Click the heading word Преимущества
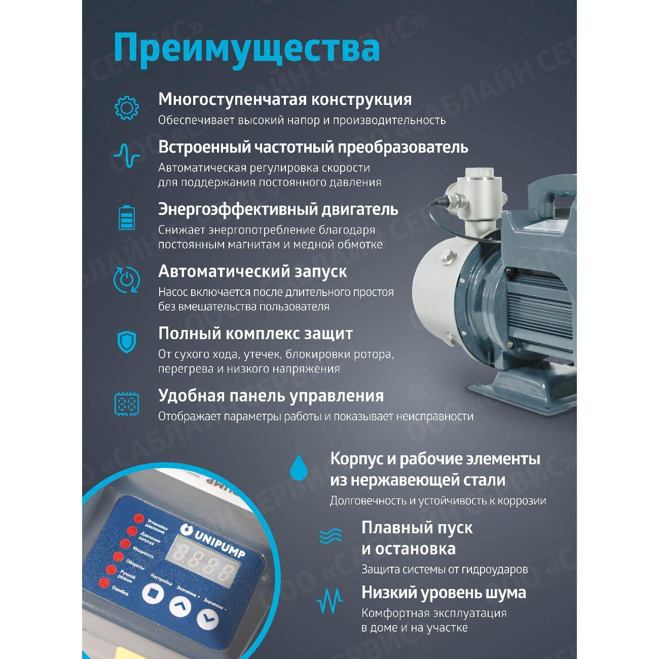coord(247,48)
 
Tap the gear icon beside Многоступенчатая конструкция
coord(126,107)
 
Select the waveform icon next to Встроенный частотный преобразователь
coord(126,155)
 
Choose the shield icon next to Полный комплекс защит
coord(126,342)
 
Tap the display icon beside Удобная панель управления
coord(126,404)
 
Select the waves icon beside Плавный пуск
coord(330,535)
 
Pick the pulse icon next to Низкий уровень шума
coord(329,601)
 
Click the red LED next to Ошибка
coord(105,583)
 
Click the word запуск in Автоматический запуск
coord(320,271)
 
